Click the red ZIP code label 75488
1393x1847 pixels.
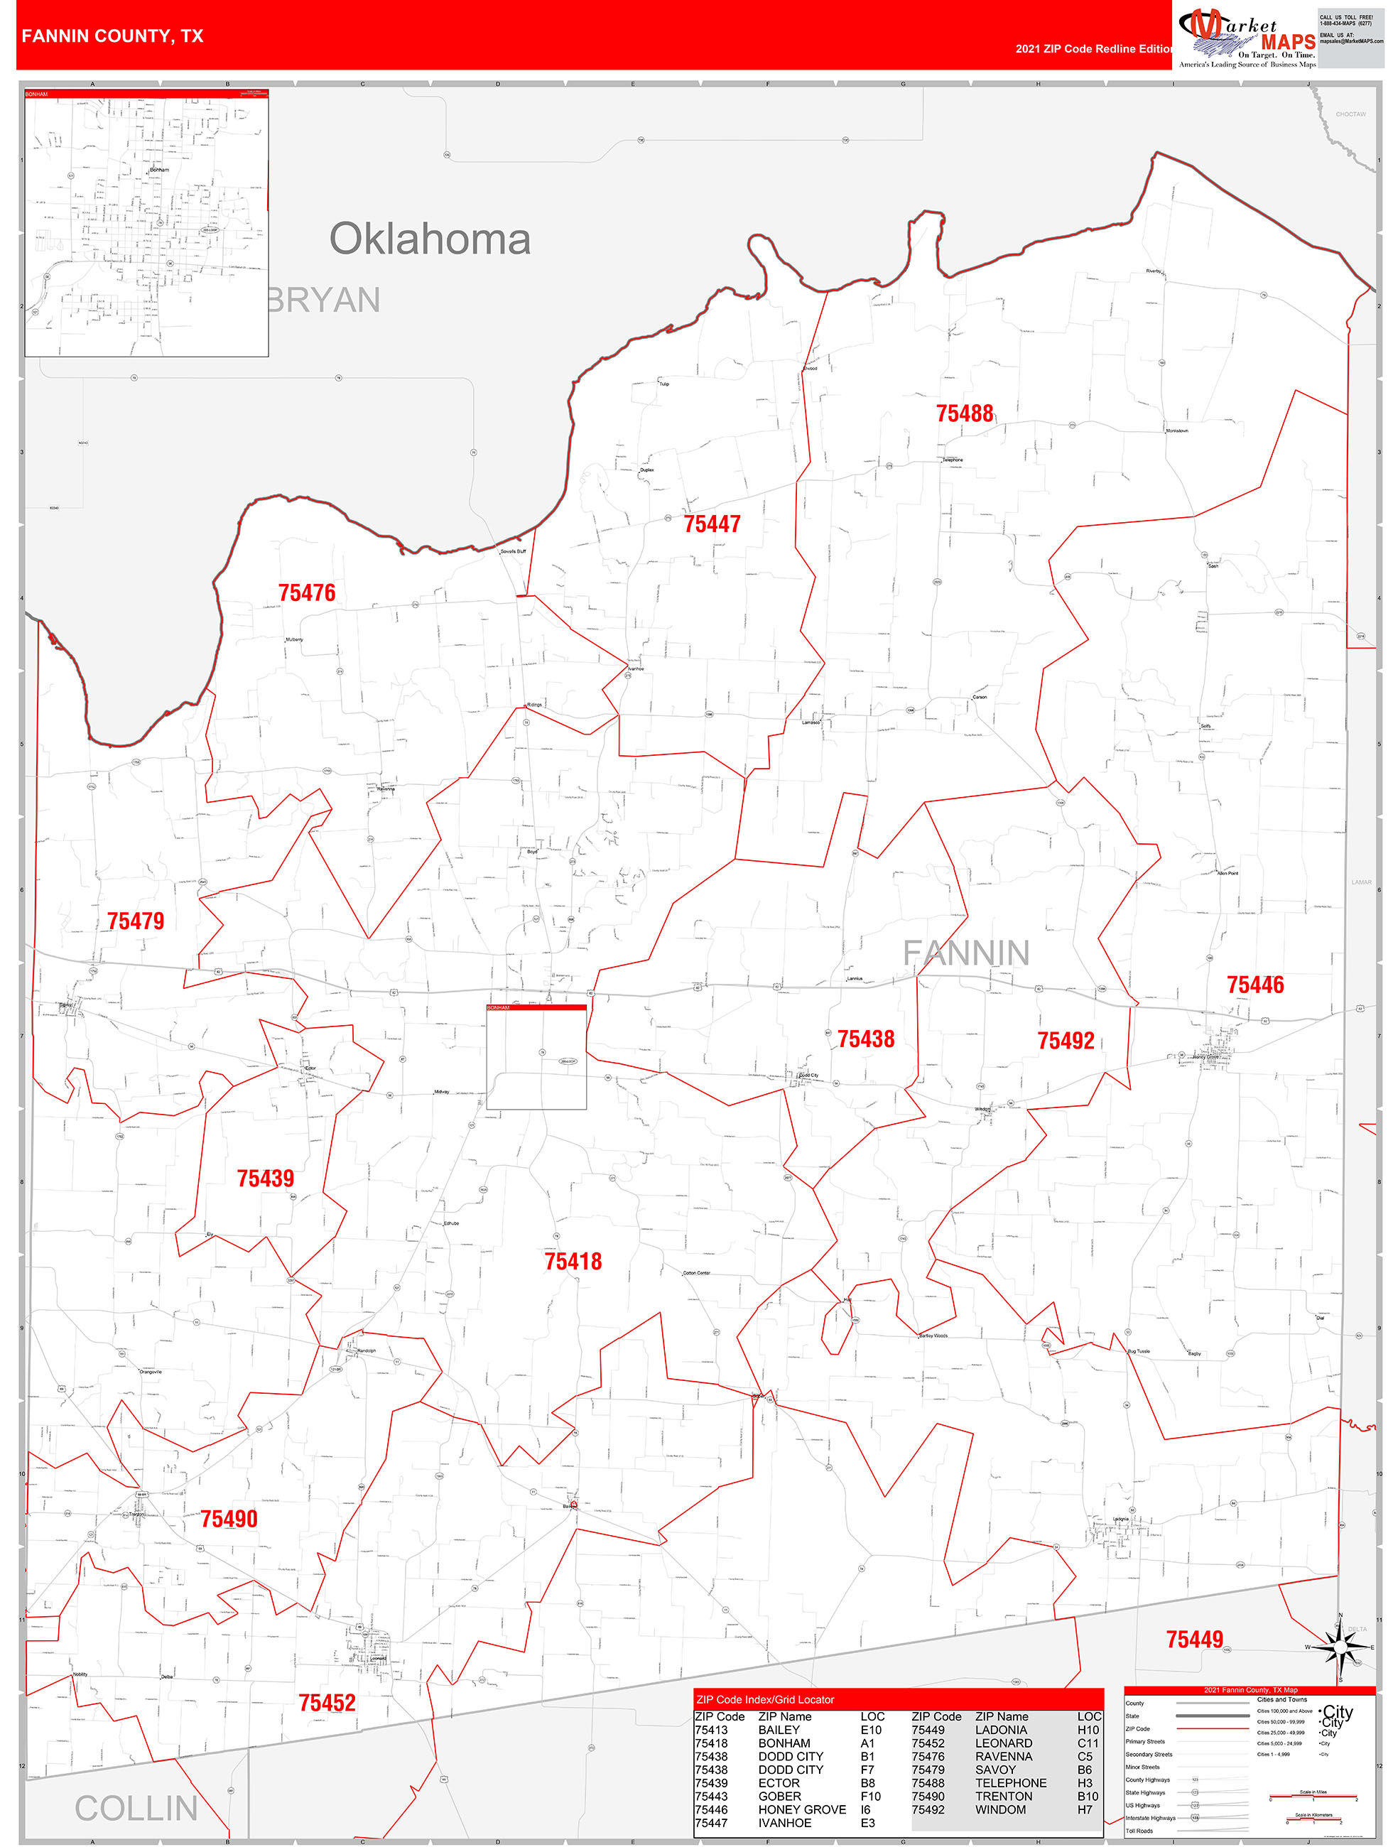(965, 413)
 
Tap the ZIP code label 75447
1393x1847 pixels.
(712, 524)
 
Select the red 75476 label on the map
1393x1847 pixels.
(306, 593)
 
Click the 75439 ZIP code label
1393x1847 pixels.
(266, 1178)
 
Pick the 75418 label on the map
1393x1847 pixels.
(573, 1262)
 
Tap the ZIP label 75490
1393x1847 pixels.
(229, 1519)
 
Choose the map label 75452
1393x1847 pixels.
(327, 1703)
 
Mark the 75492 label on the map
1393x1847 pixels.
(1066, 1041)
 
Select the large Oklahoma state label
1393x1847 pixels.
(430, 239)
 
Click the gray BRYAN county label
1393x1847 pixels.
(323, 300)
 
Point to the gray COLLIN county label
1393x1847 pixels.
(136, 1809)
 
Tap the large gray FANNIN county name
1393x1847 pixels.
(966, 953)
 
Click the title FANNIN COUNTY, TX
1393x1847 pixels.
(113, 36)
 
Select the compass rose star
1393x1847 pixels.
(1340, 1647)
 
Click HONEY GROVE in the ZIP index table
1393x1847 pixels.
(802, 1809)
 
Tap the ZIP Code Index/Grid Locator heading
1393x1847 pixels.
(765, 1699)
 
